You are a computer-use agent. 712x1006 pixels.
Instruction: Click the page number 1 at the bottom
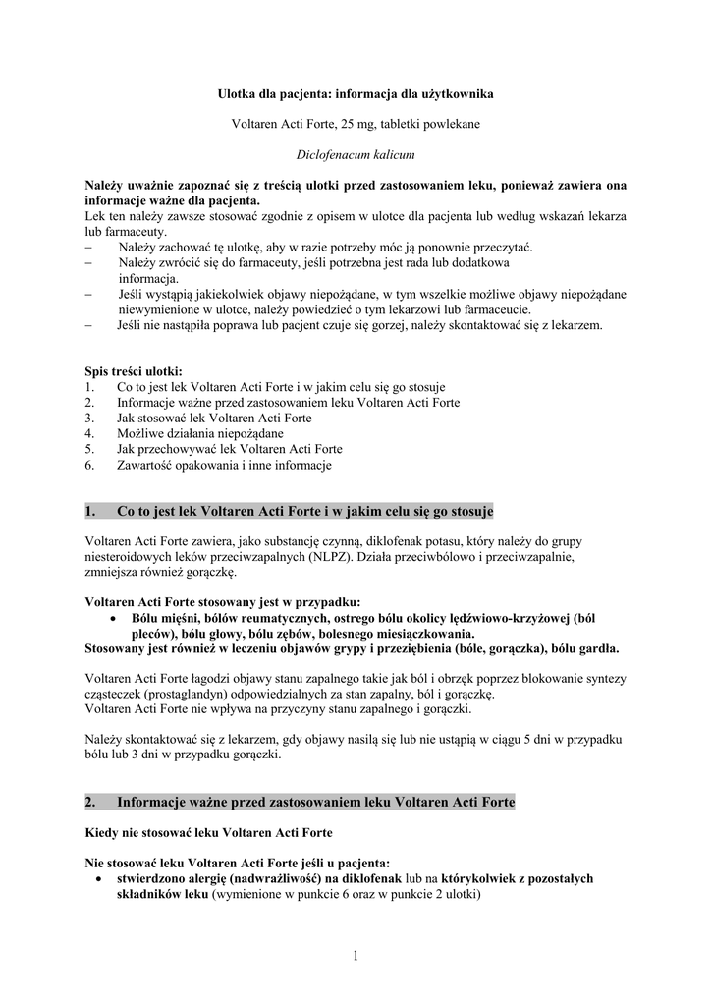pos(356,958)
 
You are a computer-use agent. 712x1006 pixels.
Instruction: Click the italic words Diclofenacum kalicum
pos(356,154)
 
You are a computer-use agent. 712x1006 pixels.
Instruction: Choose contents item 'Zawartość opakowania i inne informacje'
pos(224,465)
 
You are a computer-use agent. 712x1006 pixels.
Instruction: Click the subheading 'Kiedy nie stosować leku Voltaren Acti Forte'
pos(208,833)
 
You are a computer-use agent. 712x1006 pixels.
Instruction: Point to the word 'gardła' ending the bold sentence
pos(598,648)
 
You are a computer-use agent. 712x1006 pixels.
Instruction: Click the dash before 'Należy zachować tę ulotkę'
pos(89,248)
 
